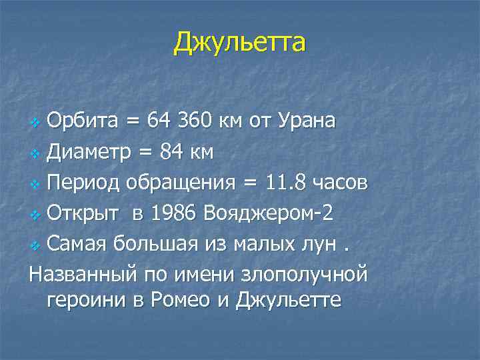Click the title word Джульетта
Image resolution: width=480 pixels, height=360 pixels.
pyautogui.click(x=240, y=43)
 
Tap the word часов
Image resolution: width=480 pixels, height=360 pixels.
pyautogui.click(x=342, y=183)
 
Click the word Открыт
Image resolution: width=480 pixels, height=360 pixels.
pyautogui.click(x=84, y=213)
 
